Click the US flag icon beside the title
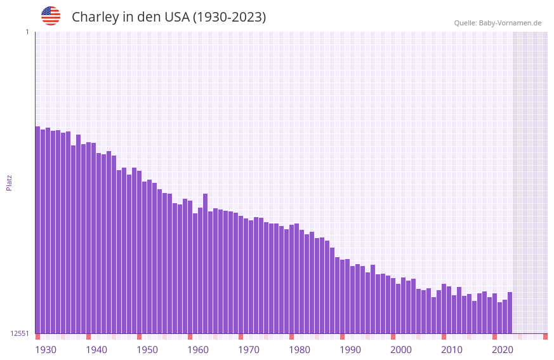pos(51,16)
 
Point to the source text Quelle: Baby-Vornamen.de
pos(498,23)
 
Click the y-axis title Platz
pos(9,182)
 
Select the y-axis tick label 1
pos(27,32)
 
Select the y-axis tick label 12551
pos(19,333)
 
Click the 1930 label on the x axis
pos(46,350)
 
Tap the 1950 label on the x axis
pos(147,350)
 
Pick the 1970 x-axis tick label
pos(249,350)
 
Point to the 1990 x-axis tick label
pos(350,350)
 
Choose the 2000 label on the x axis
pos(401,350)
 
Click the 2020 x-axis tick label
pos(503,350)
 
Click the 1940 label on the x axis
pos(96,350)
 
